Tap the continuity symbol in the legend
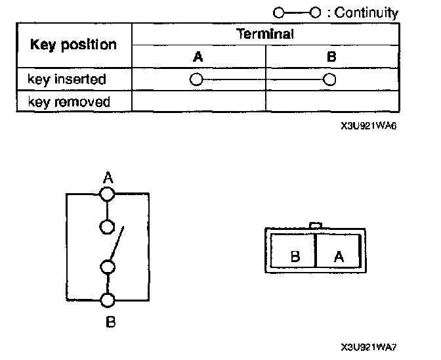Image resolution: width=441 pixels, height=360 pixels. click(x=299, y=12)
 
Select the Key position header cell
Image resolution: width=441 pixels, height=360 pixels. click(x=73, y=45)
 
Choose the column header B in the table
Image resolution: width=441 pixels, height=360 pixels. click(x=331, y=56)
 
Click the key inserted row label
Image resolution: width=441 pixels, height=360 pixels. click(x=66, y=79)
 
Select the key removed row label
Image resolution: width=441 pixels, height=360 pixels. click(x=68, y=102)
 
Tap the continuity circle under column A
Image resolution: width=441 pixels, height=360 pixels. click(x=195, y=80)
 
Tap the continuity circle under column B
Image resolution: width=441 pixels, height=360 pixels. click(x=330, y=80)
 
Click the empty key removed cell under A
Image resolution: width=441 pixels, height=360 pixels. click(x=198, y=102)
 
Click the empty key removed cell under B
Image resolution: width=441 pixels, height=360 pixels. click(x=332, y=102)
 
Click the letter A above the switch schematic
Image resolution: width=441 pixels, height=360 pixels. click(x=108, y=177)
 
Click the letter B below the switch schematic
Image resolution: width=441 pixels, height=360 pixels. click(x=110, y=322)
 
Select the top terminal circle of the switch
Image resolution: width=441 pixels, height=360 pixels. click(x=107, y=194)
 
